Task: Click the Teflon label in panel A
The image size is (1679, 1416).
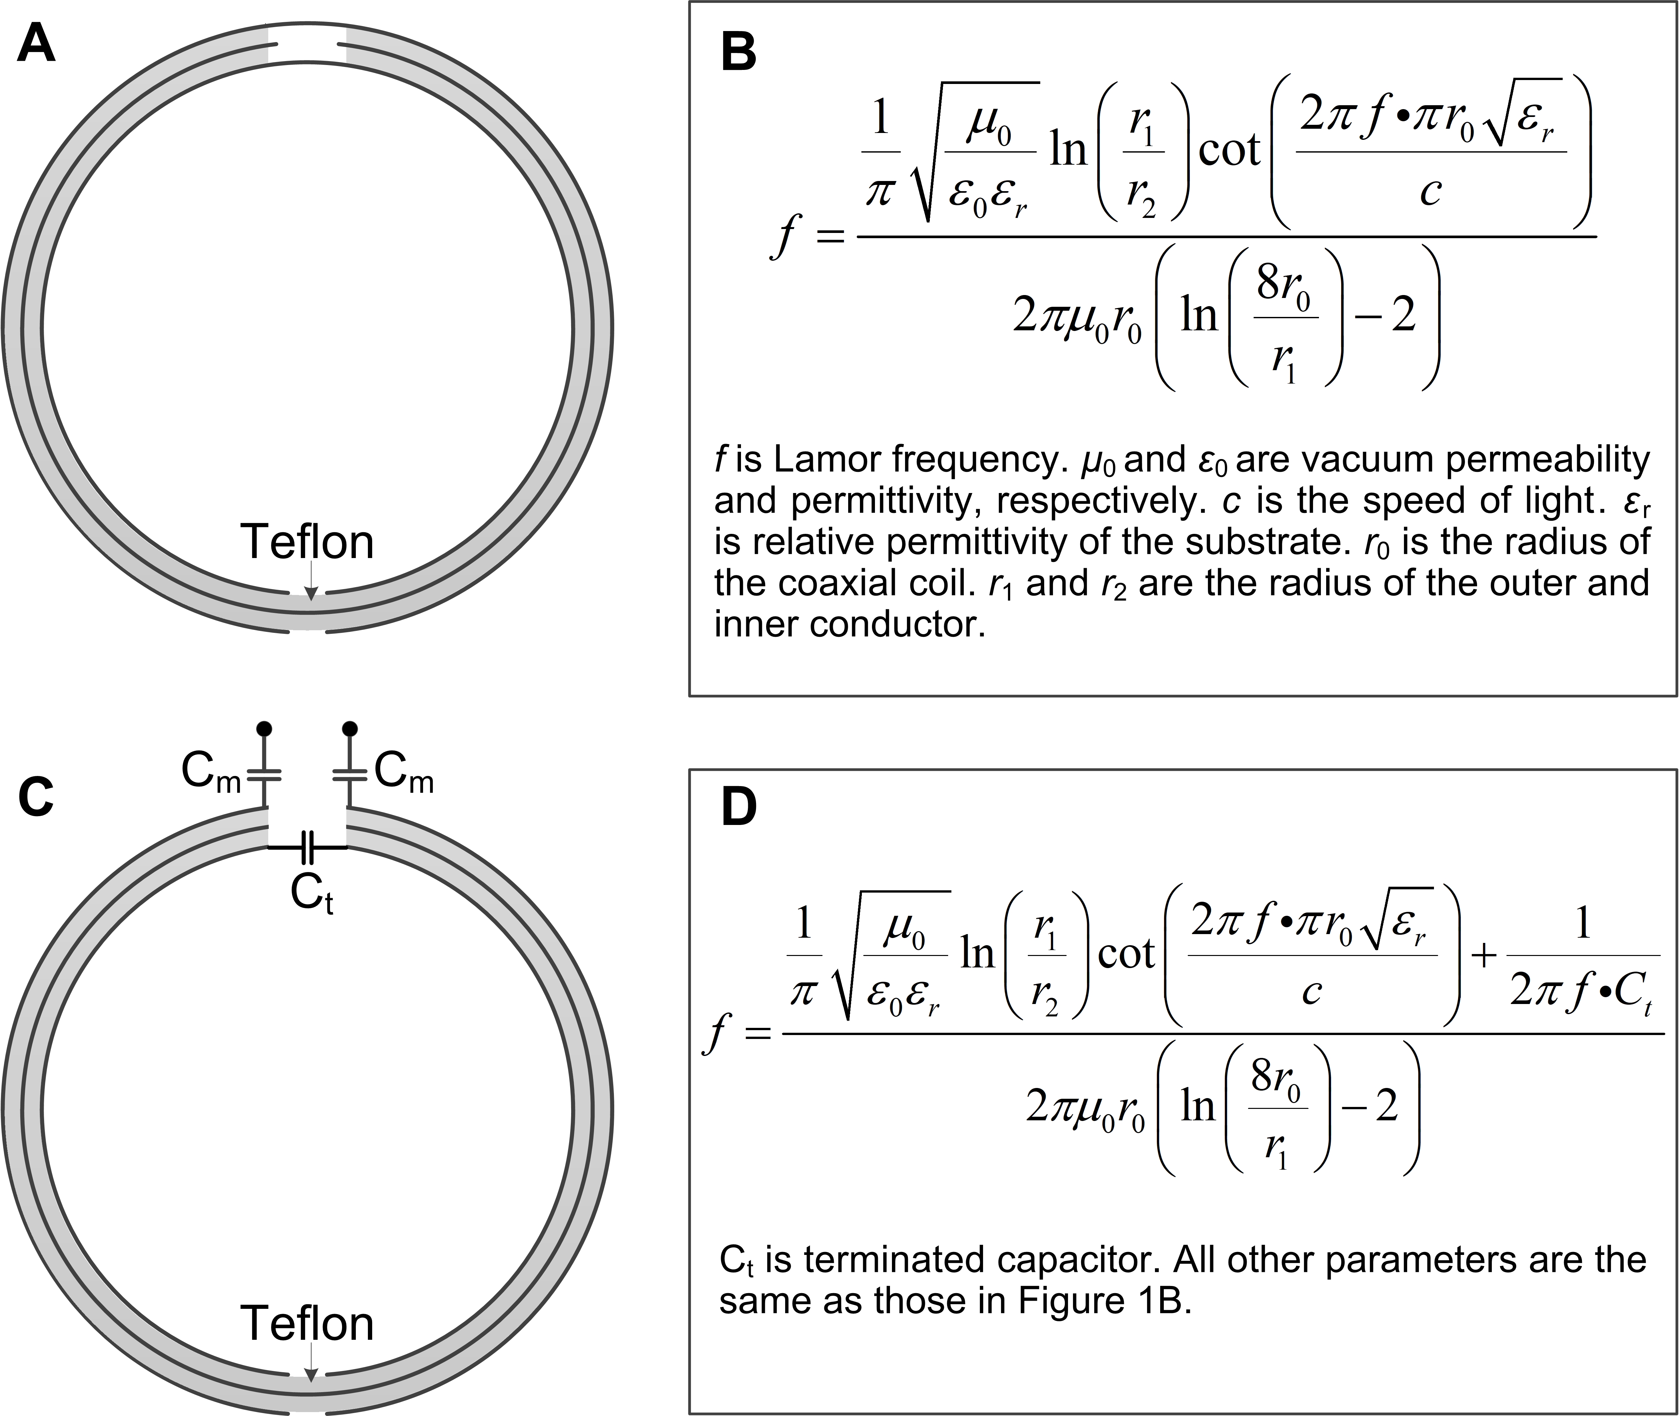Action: [307, 543]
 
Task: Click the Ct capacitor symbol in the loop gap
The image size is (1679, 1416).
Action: [307, 847]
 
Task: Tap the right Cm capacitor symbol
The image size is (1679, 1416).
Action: [349, 775]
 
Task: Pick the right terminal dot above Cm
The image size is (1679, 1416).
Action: [349, 729]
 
